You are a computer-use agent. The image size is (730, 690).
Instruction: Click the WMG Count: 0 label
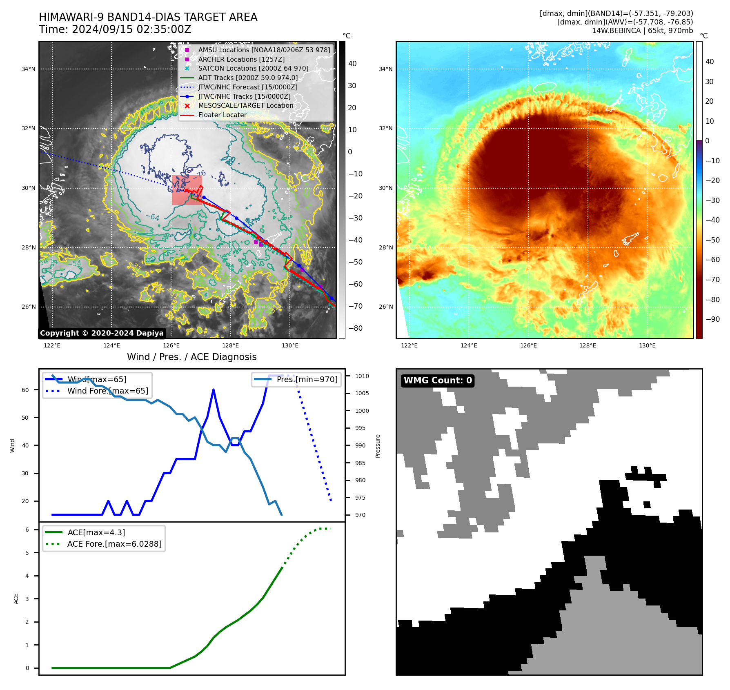click(438, 381)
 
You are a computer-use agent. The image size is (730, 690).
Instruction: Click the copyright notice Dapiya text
click(102, 333)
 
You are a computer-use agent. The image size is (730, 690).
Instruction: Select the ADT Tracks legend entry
click(248, 78)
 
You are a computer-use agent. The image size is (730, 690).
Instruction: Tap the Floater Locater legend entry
click(223, 115)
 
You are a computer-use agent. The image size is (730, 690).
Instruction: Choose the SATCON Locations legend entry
click(253, 68)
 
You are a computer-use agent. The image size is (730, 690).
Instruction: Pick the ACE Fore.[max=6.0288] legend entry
click(114, 544)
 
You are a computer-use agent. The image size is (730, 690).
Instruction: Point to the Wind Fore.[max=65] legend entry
click(108, 391)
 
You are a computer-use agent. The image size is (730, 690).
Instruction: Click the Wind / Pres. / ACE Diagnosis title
click(192, 357)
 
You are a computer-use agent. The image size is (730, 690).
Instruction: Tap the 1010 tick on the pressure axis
click(362, 376)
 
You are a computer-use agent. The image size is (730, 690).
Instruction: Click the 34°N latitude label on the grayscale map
click(29, 69)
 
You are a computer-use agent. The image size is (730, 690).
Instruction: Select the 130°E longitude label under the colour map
click(647, 345)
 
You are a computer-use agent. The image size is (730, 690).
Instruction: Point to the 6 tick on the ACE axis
click(27, 530)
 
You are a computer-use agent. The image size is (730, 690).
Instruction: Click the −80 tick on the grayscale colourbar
click(355, 328)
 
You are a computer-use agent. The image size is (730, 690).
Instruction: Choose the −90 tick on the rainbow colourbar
click(712, 319)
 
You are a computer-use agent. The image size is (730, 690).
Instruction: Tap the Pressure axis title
click(378, 446)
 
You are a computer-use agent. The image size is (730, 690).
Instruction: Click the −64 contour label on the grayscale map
click(153, 217)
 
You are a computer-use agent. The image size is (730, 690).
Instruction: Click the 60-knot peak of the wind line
click(214, 390)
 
